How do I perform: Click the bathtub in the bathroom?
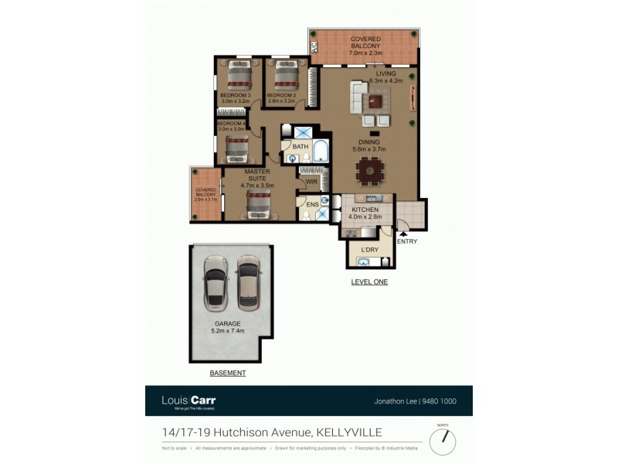pyautogui.click(x=320, y=153)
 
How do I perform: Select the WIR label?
pyautogui.click(x=312, y=183)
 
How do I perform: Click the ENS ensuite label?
pyautogui.click(x=312, y=205)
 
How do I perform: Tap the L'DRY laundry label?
pyautogui.click(x=370, y=250)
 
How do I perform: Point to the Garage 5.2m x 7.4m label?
pyautogui.click(x=228, y=327)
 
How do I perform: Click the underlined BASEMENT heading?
pyautogui.click(x=228, y=373)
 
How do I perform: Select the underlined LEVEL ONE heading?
pyautogui.click(x=369, y=282)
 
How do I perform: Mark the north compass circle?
pyautogui.click(x=443, y=442)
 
